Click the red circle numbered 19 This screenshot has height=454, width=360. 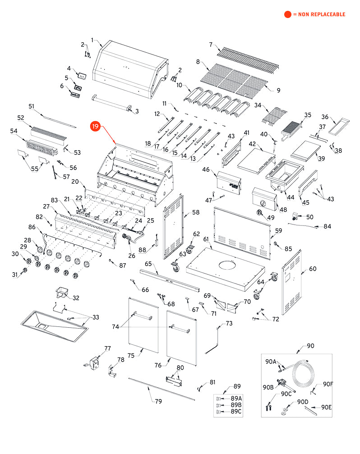[x=95, y=127]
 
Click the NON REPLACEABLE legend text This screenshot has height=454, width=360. [x=318, y=14]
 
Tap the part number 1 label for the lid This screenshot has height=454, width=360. [x=92, y=41]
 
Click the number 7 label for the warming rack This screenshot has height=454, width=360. [x=210, y=44]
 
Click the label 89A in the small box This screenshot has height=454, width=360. [x=236, y=399]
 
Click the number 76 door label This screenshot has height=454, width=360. [x=158, y=365]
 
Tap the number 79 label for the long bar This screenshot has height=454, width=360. [x=158, y=401]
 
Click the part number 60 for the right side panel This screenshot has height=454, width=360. [x=313, y=269]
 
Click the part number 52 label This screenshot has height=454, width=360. [x=21, y=118]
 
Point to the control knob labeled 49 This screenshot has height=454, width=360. [x=260, y=213]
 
